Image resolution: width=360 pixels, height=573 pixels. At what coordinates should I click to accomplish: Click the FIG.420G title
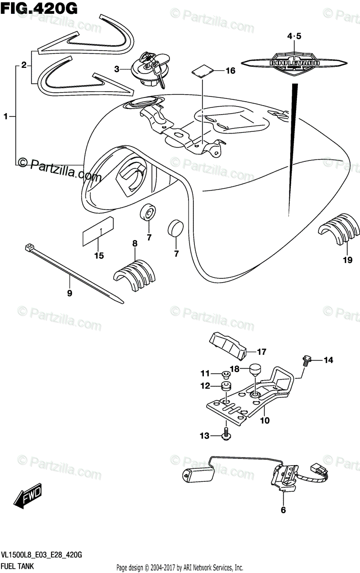click(40, 8)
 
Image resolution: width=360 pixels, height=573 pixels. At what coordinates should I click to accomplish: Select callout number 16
click(230, 71)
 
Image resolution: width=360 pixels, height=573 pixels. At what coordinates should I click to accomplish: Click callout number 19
click(347, 260)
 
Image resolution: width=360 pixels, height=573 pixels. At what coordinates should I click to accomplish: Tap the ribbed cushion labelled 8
click(136, 276)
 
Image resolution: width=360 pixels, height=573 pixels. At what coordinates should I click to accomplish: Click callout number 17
click(261, 352)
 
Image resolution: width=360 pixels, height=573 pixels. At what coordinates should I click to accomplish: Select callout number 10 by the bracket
click(265, 421)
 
